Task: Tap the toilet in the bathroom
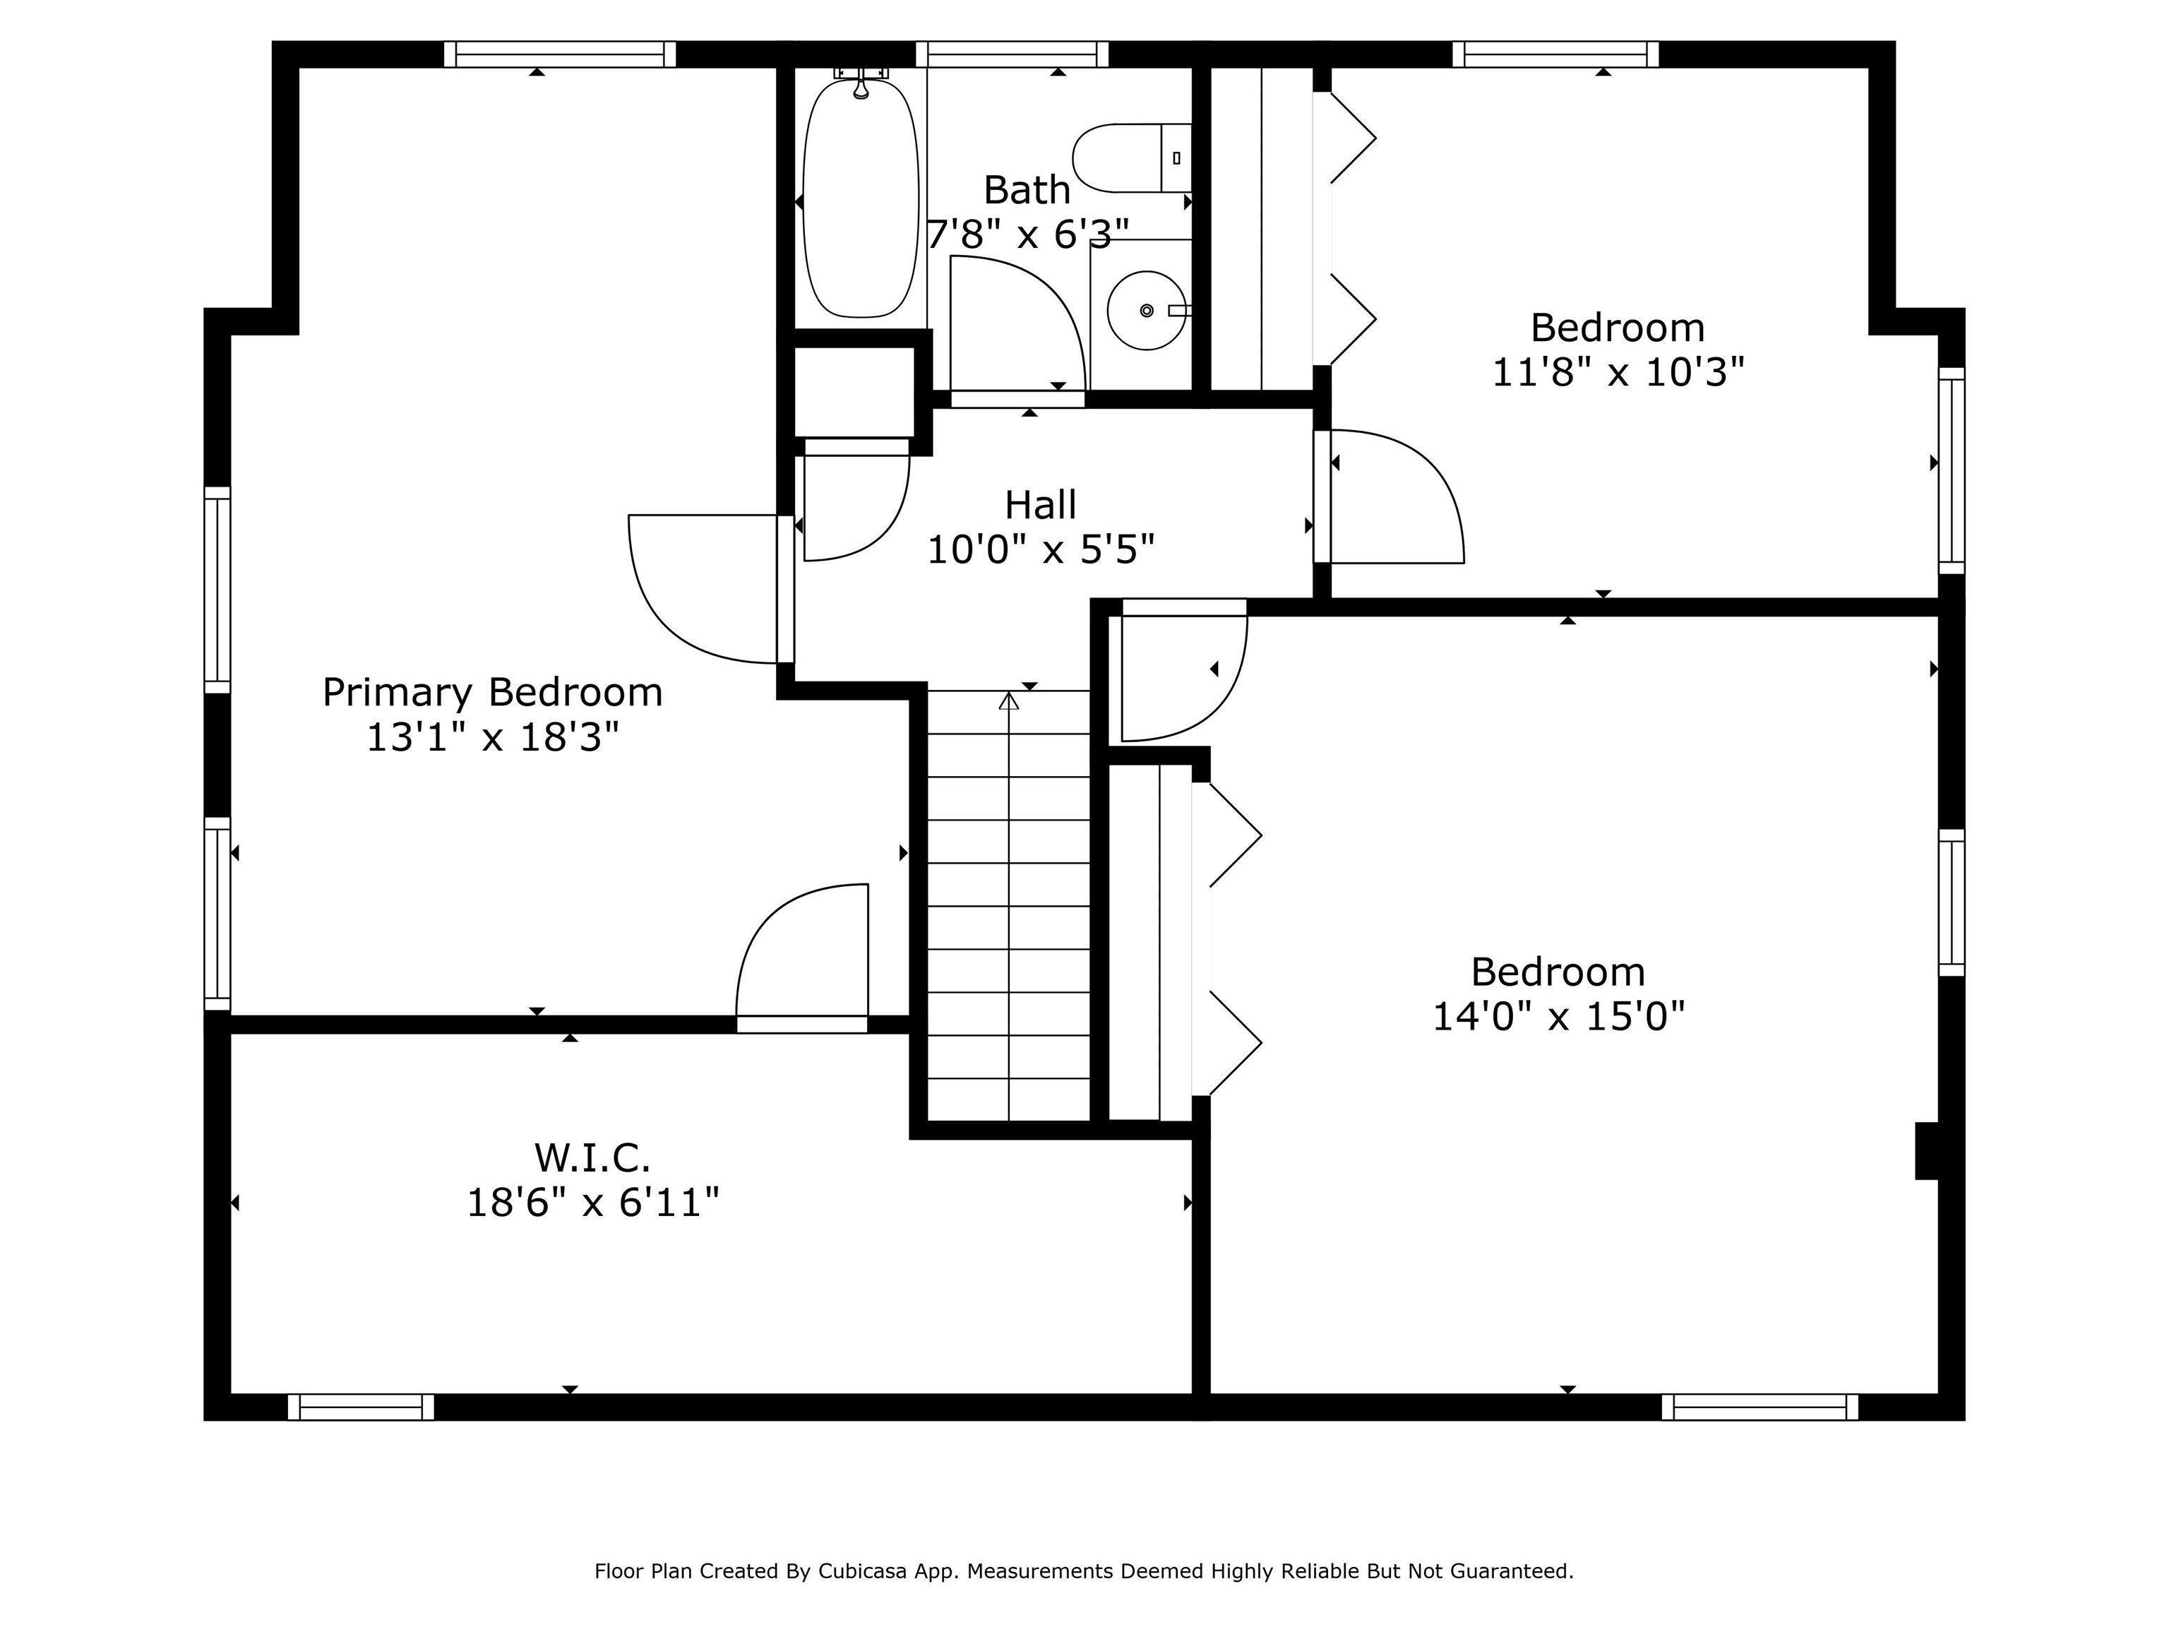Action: [1132, 158]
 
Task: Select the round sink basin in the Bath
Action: [1146, 311]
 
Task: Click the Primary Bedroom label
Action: [492, 692]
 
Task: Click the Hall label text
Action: [1041, 505]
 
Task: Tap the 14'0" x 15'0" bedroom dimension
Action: [1558, 1016]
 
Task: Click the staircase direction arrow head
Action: [1009, 701]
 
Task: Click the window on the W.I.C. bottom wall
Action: [361, 1407]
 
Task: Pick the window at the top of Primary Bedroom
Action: [560, 54]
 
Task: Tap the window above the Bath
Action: [1012, 54]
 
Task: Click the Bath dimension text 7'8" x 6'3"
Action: [1027, 234]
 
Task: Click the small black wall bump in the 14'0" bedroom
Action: [1927, 1150]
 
